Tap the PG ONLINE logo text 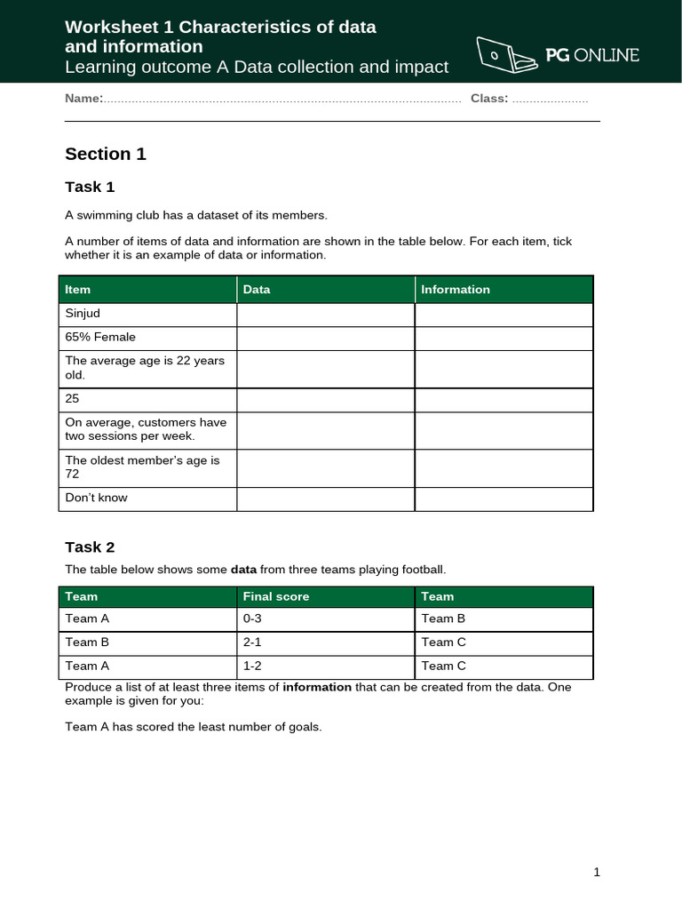[592, 55]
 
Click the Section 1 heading [106, 154]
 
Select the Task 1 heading [90, 187]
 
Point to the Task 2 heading [90, 547]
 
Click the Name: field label [83, 98]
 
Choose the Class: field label [489, 98]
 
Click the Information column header [455, 290]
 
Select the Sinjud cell [83, 314]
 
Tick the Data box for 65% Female [325, 338]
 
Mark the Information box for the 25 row [504, 400]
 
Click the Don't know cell [96, 498]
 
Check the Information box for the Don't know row [504, 499]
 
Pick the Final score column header [276, 596]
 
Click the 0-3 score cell [253, 619]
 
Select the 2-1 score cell [253, 643]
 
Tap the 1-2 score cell [253, 666]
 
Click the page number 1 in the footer [598, 873]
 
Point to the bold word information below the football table [317, 687]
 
